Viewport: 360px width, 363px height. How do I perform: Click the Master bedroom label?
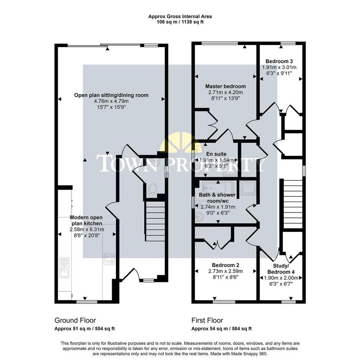pos(226,86)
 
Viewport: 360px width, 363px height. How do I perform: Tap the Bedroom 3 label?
pos(279,61)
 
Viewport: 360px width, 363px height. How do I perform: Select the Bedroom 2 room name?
pos(226,265)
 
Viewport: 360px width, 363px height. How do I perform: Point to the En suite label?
pos(216,154)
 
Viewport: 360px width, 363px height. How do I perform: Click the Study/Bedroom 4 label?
pos(281,269)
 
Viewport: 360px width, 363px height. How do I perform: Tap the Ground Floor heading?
pos(75,320)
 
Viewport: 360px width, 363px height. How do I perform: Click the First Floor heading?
pos(207,320)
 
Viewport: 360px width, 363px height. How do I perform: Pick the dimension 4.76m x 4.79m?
pos(111,101)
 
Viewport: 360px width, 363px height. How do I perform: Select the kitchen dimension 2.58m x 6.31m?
pos(87,229)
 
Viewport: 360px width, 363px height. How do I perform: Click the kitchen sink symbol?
pos(64,268)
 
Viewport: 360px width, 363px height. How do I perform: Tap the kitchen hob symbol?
pos(109,259)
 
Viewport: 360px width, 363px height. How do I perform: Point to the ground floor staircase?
pos(155,222)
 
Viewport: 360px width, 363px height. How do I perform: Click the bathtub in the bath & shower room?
pos(218,187)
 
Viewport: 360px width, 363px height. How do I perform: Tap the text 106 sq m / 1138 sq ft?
pos(180,22)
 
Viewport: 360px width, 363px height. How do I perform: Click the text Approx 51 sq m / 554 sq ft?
pos(84,329)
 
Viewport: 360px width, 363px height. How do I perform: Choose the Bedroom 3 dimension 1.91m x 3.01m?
pos(279,67)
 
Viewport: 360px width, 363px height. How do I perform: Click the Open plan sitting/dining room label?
pos(111,95)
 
